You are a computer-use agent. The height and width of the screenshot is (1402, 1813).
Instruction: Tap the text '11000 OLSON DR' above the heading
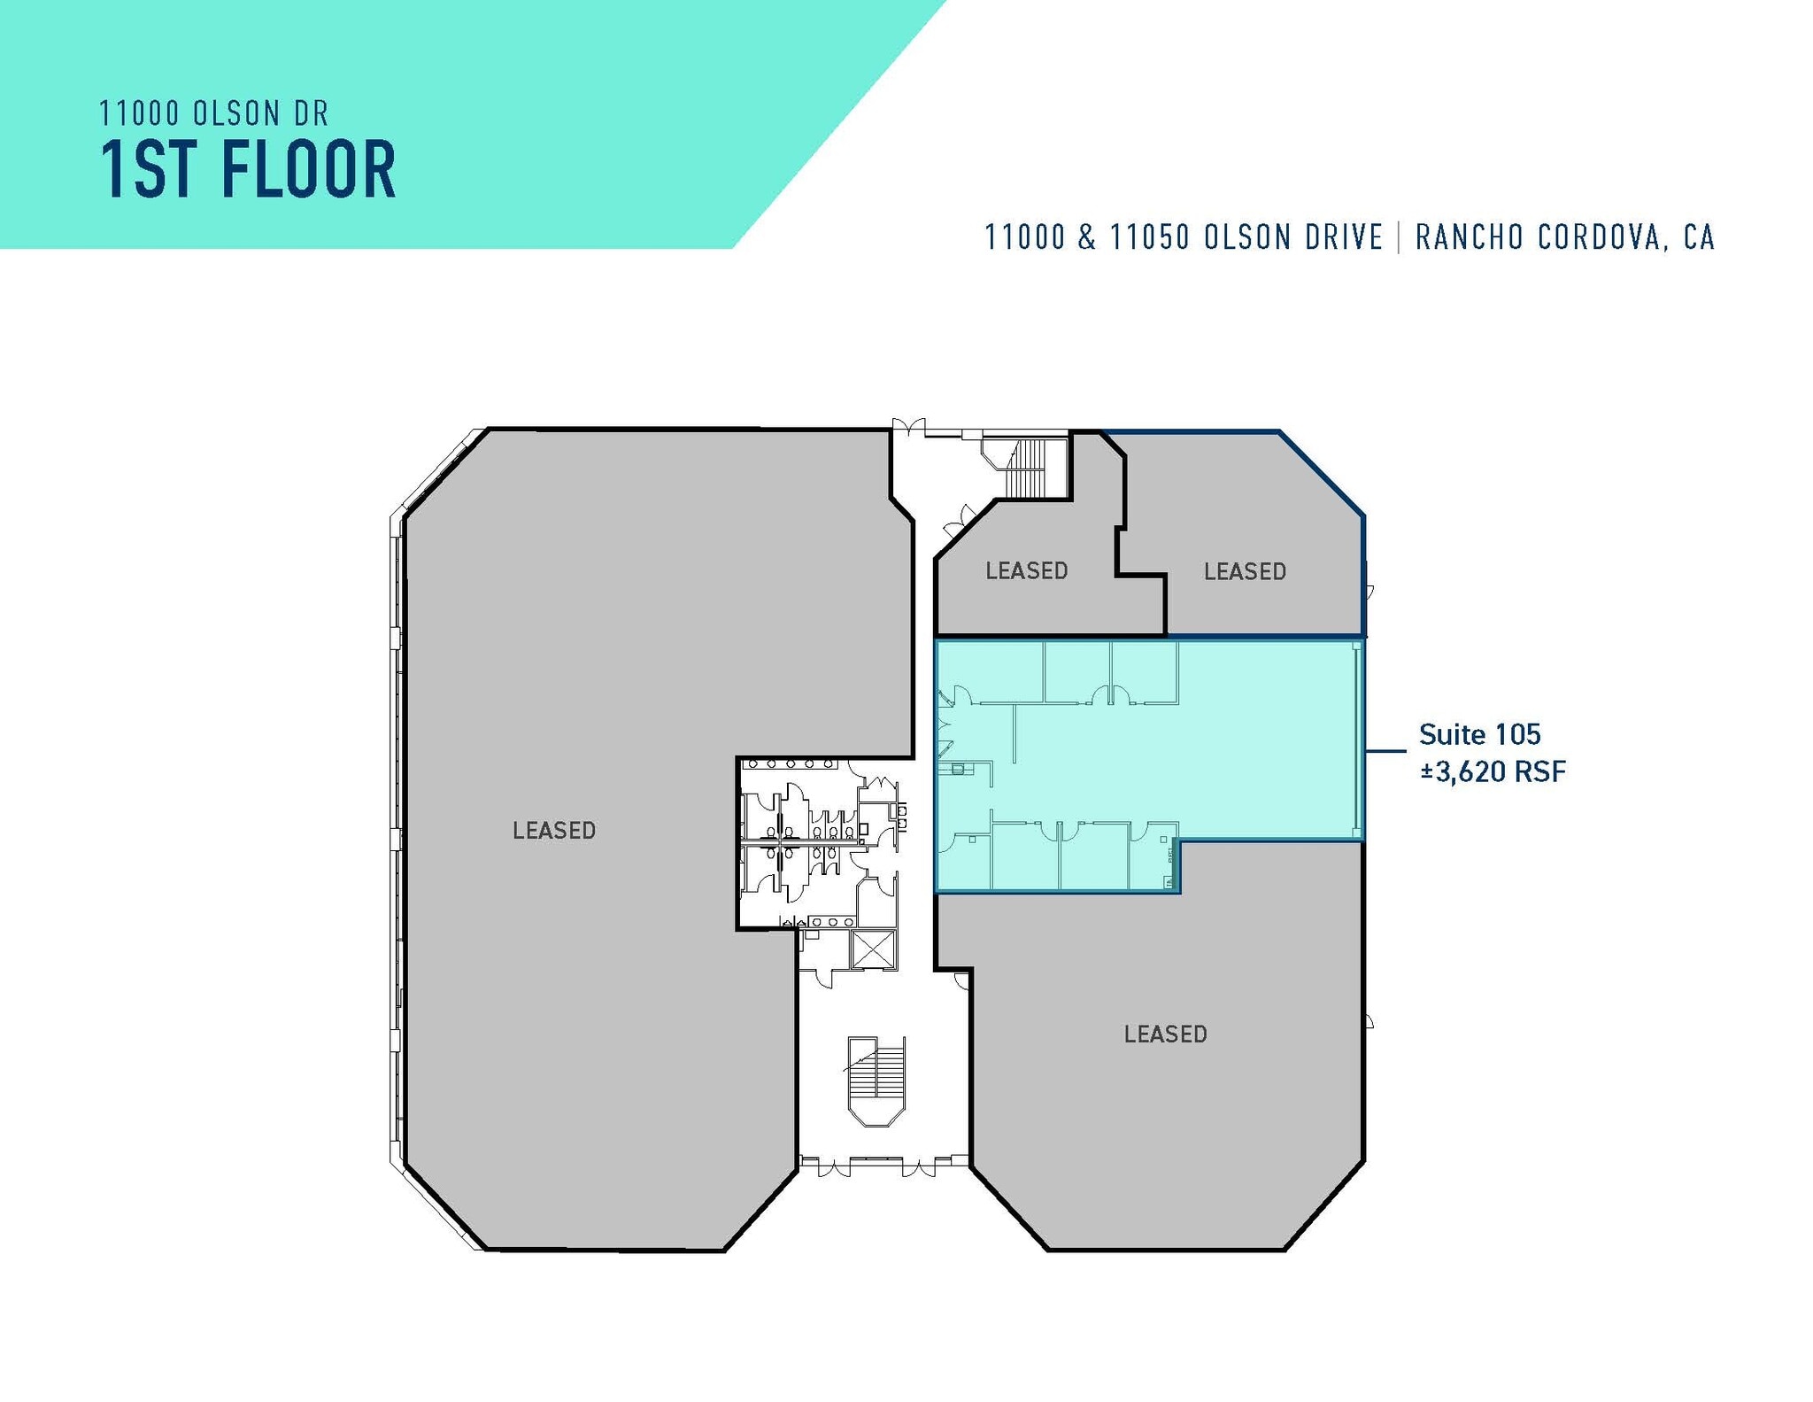pos(213,113)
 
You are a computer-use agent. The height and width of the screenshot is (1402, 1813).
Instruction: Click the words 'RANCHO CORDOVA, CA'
pos(1564,237)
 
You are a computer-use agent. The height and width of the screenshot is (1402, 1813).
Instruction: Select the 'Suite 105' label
pos(1479,734)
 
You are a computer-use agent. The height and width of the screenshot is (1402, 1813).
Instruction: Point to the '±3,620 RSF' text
pos(1493,771)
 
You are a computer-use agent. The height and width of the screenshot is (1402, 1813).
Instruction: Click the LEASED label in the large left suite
pos(554,830)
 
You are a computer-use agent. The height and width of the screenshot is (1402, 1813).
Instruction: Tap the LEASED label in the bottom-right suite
pos(1165,1034)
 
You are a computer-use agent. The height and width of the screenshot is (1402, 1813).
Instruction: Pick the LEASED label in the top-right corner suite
pos(1244,571)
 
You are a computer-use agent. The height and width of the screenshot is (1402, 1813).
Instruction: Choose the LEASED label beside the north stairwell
pos(1026,570)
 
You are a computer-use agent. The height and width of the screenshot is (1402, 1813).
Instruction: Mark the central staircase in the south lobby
pos(876,1081)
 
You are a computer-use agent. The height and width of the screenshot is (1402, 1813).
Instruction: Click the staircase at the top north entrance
pos(1027,468)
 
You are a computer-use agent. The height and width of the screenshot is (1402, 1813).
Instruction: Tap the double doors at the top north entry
pos(908,427)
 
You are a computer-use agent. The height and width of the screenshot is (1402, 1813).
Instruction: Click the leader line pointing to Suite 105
pos(1385,752)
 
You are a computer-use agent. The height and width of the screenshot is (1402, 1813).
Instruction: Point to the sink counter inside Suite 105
pos(958,769)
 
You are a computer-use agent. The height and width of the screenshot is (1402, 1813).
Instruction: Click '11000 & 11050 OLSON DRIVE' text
pos(1184,237)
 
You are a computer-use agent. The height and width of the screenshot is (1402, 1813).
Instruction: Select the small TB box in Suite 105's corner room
pos(1169,883)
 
